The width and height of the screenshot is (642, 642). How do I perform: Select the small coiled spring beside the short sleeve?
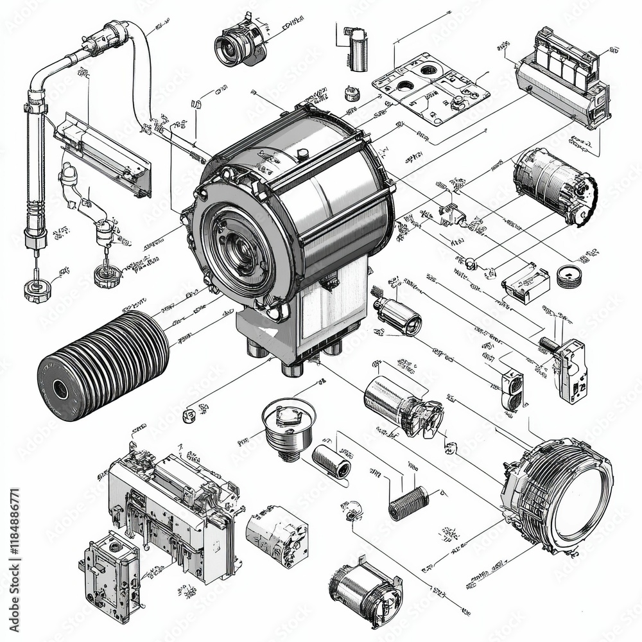tap(408, 503)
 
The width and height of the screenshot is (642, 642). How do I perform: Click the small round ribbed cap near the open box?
tap(569, 276)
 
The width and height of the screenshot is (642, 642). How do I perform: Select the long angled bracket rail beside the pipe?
tap(103, 154)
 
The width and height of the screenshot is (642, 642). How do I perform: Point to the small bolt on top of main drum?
tap(302, 153)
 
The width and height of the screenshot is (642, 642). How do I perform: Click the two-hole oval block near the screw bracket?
tap(513, 390)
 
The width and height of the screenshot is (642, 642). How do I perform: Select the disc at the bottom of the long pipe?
tap(37, 290)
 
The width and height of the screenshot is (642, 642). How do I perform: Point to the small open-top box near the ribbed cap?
tap(526, 283)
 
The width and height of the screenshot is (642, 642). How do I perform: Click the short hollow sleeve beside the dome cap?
tap(331, 460)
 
